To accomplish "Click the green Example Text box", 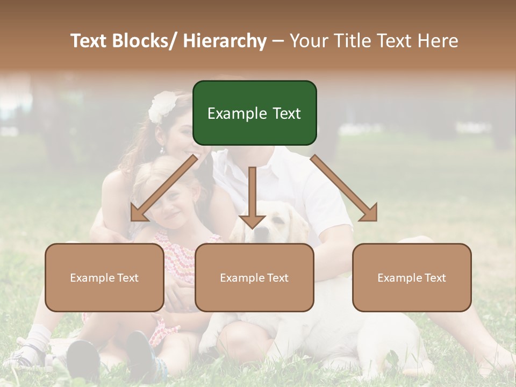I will coord(254,113).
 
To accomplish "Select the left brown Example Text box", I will coord(104,277).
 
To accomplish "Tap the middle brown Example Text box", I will coord(254,277).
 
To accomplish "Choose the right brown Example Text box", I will coord(412,277).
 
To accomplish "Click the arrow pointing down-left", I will coord(164,188).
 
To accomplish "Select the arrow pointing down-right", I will coord(344,188).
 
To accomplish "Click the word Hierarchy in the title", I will coord(225,41).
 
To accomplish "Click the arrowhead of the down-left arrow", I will coord(138,213).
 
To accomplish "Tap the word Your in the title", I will coord(308,41).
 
